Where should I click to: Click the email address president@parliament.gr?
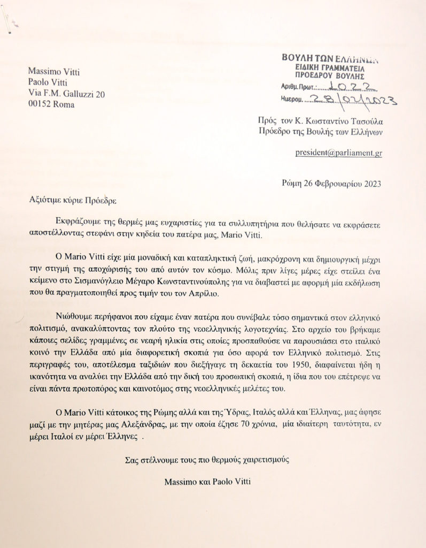tap(338, 153)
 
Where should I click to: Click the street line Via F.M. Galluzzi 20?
tap(67, 94)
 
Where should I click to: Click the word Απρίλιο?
tap(200, 293)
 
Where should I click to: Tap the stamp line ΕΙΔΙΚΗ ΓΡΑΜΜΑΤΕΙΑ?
tap(329, 69)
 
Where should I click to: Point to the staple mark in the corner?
tap(7, 24)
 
